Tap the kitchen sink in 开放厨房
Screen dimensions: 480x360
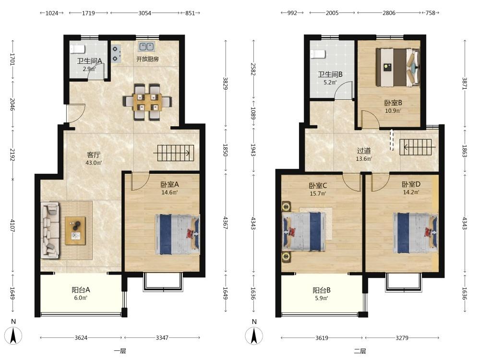146,47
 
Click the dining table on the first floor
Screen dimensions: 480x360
147,102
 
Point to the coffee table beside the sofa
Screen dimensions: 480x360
75,230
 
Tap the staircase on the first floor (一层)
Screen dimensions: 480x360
176,153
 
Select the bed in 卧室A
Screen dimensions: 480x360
178,235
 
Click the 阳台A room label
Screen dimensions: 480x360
81,289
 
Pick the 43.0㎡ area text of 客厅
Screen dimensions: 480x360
94,163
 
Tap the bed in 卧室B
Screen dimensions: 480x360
397,67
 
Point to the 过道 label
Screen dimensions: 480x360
364,151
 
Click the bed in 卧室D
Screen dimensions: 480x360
415,233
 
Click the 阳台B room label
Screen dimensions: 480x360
322,290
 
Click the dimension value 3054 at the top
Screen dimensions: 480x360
144,13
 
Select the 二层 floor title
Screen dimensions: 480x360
360,351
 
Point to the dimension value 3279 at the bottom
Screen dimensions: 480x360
402,337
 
